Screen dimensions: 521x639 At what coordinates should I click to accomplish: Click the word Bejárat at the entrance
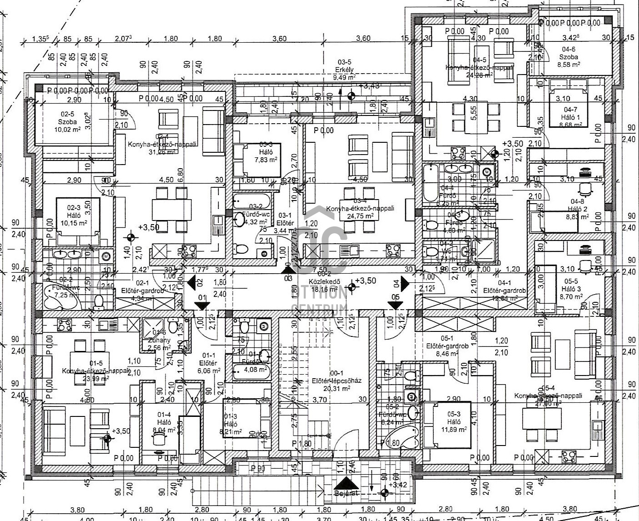click(347, 493)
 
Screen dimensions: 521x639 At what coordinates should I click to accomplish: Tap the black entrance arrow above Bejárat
click(346, 483)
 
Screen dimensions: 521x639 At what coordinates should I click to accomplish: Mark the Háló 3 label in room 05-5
click(571, 289)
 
